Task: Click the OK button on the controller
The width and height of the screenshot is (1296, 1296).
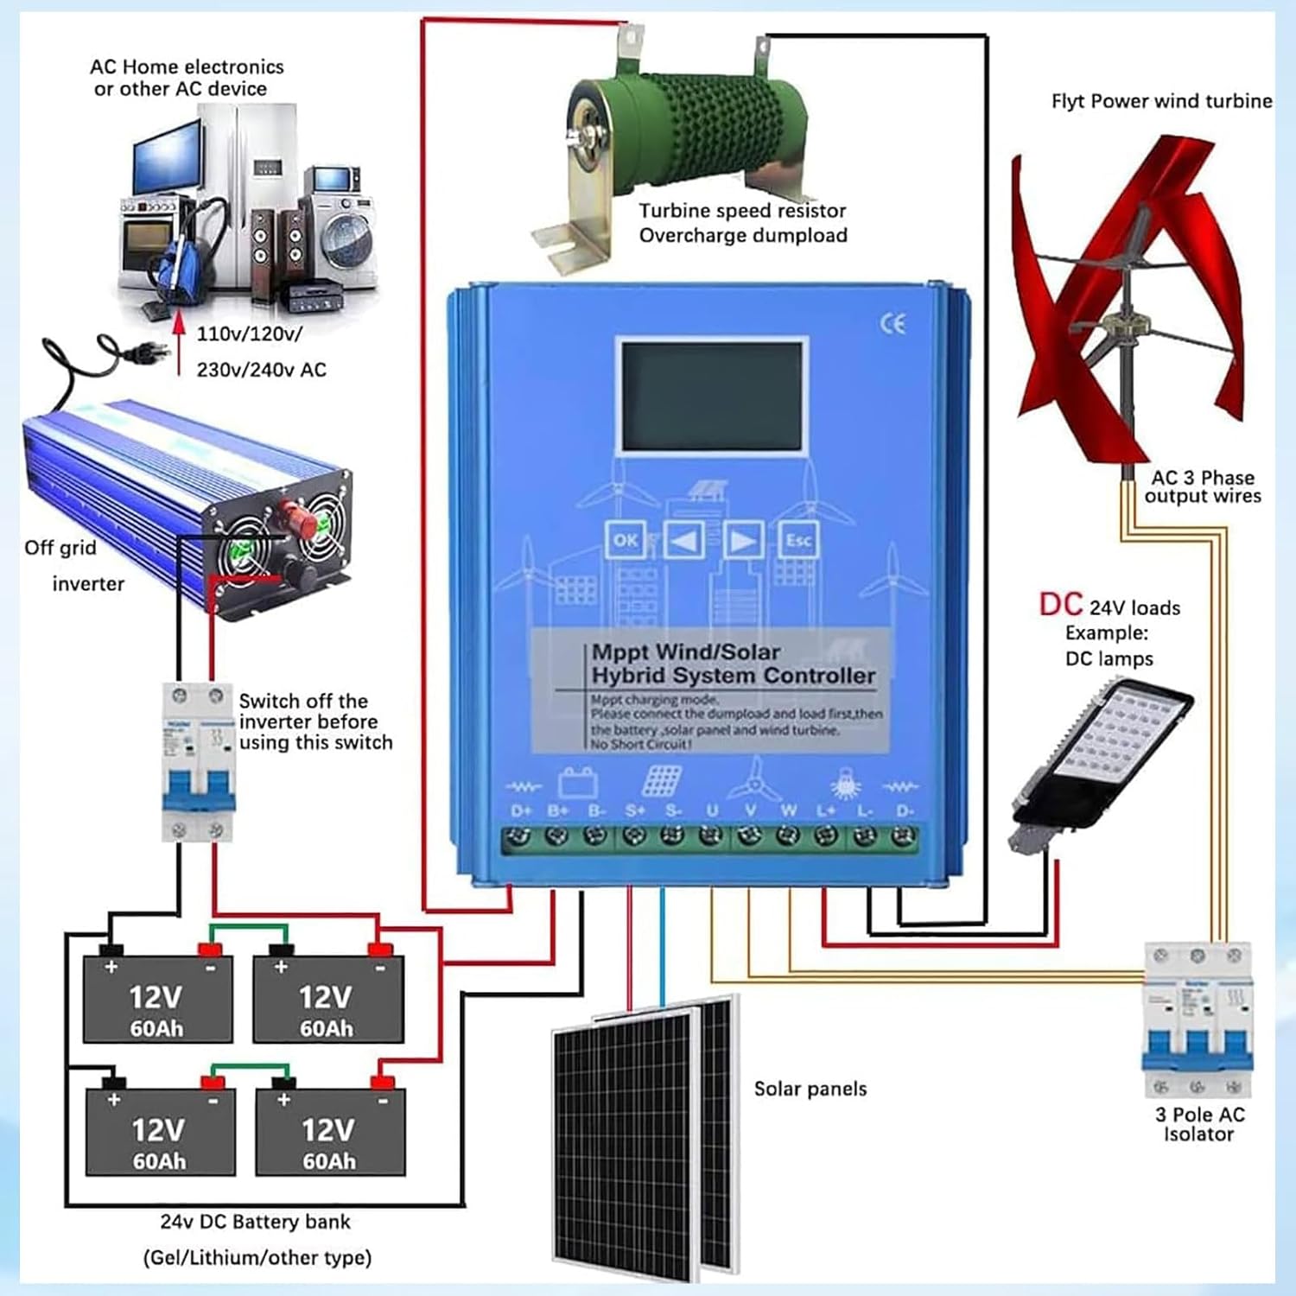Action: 625,540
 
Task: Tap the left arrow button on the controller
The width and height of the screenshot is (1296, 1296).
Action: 683,541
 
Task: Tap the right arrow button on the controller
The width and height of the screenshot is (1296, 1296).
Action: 742,541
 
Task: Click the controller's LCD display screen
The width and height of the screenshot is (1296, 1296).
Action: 712,396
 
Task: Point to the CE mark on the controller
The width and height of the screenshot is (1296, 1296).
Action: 893,324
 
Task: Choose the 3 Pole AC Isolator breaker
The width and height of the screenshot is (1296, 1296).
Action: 1198,1020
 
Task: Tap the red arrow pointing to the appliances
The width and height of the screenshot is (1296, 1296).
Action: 179,346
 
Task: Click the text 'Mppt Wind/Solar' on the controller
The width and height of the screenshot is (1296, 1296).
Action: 685,652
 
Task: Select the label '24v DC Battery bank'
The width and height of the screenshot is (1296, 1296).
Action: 255,1222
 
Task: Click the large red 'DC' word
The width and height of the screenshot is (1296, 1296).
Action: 1060,605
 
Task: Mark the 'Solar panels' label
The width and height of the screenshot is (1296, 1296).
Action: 810,1089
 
